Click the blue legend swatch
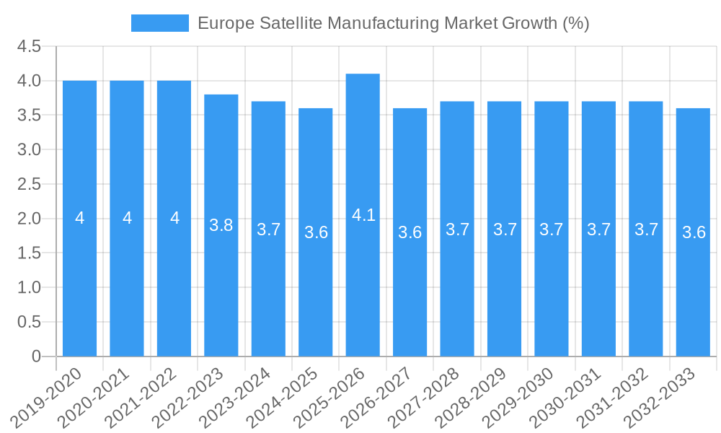click(x=159, y=23)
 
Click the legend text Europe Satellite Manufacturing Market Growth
click(x=393, y=23)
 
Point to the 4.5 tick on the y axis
click(x=29, y=47)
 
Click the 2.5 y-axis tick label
click(x=29, y=185)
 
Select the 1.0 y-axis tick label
click(x=29, y=288)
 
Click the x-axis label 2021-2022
click(x=152, y=397)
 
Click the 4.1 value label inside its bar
click(x=363, y=215)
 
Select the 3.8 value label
click(x=221, y=225)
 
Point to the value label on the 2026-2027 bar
click(x=410, y=232)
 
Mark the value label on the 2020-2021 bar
click(x=127, y=218)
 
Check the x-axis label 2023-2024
click(x=247, y=397)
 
